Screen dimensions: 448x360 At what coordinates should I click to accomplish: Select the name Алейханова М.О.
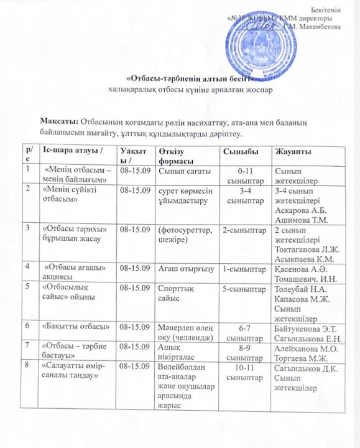[303, 350]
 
